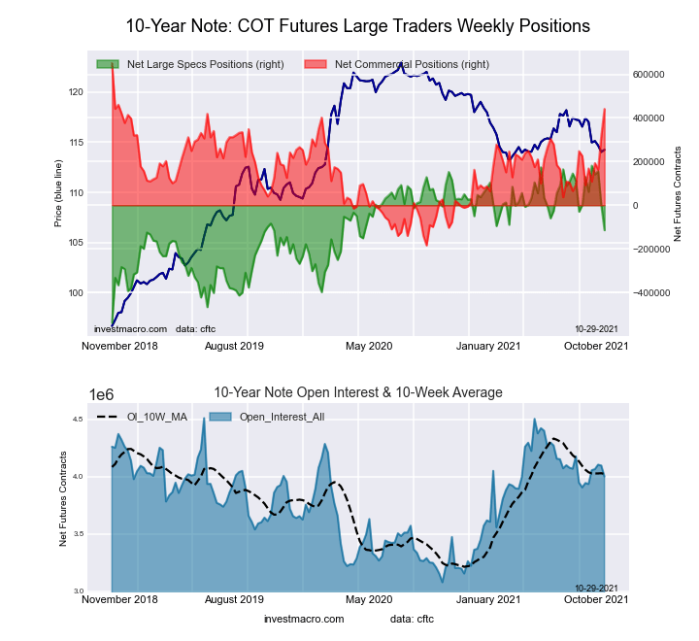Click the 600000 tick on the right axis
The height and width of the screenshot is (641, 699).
(x=648, y=74)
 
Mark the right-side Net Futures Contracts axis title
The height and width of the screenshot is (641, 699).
(x=678, y=194)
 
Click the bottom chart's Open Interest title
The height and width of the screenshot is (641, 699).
(x=358, y=392)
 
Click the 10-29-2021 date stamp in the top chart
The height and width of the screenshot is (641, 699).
(x=597, y=329)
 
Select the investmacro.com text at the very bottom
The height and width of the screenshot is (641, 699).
(x=304, y=619)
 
